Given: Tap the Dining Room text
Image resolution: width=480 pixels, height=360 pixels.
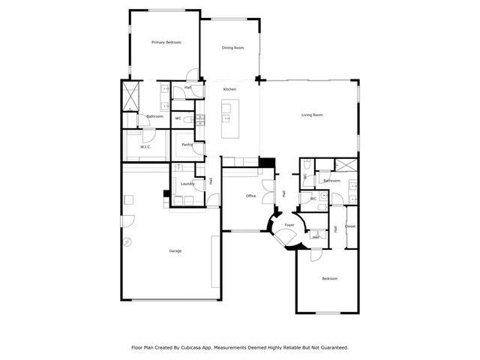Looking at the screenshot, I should click(232, 48).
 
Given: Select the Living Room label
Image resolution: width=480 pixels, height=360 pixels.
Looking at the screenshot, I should click(312, 115).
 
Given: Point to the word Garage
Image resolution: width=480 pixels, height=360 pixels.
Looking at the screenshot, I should click(175, 250).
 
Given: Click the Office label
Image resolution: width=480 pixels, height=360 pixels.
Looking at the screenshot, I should click(251, 196).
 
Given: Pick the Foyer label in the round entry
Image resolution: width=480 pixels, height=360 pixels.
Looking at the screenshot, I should click(289, 224).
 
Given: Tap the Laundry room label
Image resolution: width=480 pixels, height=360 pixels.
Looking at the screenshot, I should click(187, 184).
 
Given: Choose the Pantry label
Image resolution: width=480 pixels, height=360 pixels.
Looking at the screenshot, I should click(187, 144).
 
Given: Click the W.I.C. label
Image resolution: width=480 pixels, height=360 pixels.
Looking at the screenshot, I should click(145, 146).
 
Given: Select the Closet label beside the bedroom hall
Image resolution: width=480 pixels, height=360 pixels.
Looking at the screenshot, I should click(350, 226).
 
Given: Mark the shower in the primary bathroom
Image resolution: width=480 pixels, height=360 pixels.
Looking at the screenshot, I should click(132, 95).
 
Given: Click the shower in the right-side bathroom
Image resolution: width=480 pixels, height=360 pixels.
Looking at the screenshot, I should click(346, 166).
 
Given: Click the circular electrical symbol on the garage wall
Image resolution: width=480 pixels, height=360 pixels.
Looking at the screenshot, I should click(127, 241).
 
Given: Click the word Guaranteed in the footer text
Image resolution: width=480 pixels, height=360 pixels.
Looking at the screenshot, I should click(333, 347).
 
